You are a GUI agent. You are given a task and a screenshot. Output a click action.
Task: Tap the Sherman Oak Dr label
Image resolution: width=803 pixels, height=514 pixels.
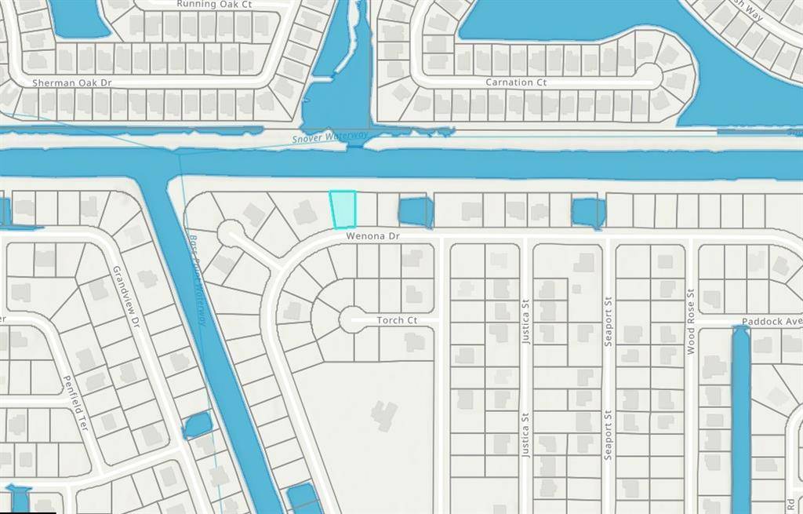72,82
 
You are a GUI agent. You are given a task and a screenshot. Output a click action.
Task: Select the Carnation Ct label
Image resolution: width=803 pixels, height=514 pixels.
515,82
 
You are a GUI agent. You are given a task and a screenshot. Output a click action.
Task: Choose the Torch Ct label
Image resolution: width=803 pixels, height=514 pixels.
397,320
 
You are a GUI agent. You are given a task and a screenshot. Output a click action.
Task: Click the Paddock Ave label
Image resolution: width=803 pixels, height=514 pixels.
772,322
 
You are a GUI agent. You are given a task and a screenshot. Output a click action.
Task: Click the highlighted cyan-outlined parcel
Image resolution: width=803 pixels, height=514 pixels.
343,210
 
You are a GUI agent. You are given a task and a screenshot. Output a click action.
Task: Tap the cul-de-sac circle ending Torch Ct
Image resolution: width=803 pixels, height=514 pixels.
351,319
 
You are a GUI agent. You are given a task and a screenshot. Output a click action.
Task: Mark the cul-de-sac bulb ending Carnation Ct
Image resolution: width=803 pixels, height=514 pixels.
649,76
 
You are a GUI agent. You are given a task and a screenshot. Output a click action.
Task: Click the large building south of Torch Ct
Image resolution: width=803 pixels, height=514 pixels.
384,416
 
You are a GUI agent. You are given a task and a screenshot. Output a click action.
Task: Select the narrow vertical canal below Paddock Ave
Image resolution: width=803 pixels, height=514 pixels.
740,416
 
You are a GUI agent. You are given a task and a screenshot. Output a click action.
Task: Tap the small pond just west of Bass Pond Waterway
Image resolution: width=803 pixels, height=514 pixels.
198,425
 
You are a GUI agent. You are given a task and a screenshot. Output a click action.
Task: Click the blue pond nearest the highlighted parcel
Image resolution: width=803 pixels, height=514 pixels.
416,212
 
